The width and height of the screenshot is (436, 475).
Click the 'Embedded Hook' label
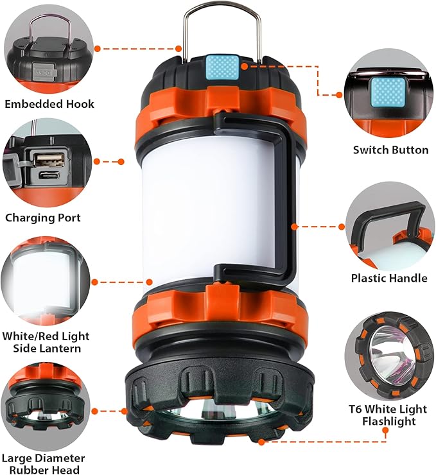coord(49,104)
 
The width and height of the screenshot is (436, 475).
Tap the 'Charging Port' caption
coord(48,218)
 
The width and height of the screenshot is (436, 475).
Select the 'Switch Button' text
coord(390,150)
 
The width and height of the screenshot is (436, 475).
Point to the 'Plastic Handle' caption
coord(388,278)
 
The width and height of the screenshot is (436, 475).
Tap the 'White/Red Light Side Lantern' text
coord(46,342)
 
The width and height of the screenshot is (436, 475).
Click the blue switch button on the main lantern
coord(222,66)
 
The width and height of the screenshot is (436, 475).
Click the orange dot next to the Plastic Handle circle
coord(342,226)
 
